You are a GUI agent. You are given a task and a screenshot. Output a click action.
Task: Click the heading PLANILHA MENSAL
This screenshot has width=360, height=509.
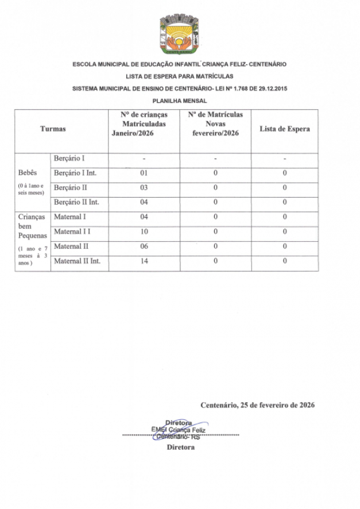coord(180,101)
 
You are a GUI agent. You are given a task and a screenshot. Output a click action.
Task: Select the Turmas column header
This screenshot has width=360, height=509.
coord(53,129)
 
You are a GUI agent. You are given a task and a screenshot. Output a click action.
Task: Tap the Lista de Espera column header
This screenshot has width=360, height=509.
coord(284,129)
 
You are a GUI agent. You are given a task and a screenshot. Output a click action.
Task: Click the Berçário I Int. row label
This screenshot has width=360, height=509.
coord(75,173)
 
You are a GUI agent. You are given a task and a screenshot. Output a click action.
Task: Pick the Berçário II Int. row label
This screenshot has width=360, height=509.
coord(77,202)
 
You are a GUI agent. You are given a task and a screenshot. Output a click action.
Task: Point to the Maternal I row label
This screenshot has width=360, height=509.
coord(70,217)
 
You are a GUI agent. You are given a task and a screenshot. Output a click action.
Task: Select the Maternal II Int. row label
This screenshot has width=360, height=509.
coord(78,261)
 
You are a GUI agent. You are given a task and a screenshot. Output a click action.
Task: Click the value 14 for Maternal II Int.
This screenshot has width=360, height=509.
coord(144,261)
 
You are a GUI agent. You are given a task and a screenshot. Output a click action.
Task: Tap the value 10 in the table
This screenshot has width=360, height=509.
coord(144,232)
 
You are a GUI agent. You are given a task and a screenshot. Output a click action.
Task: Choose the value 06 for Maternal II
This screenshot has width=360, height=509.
coord(144,246)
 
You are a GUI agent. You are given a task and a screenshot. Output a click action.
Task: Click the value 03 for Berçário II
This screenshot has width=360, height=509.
coord(144,188)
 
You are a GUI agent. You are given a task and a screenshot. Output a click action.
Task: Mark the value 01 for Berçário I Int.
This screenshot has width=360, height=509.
coord(144,173)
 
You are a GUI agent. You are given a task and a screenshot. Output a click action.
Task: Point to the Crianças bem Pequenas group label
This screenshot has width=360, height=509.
coord(32,226)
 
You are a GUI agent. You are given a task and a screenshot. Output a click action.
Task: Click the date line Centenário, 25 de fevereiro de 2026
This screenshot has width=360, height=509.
coord(257,405)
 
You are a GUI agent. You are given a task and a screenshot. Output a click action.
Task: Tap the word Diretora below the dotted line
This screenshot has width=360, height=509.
coord(180,447)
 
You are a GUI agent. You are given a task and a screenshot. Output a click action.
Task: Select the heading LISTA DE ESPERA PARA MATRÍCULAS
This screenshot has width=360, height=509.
coord(180,76)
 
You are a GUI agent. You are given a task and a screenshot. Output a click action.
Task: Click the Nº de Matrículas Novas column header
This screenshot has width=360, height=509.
coord(215,124)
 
